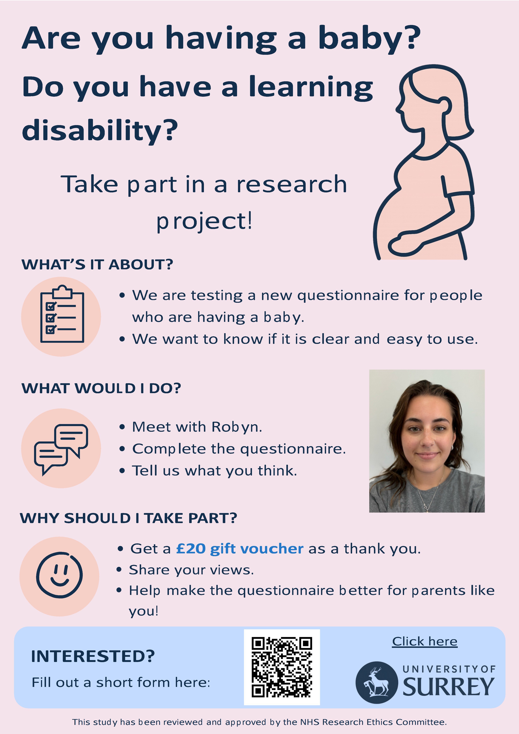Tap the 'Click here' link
(x=425, y=641)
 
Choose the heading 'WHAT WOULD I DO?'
(x=101, y=388)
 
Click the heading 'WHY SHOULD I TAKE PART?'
(x=129, y=518)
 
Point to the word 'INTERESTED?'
(x=93, y=656)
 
